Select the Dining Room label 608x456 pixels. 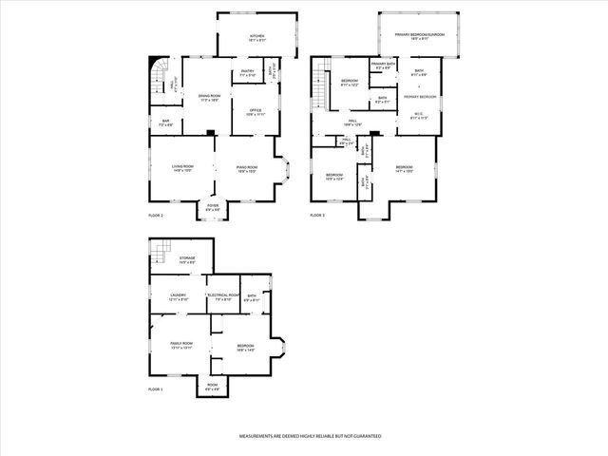208,97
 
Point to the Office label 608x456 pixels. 255,111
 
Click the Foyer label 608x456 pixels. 212,206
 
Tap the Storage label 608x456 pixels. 186,258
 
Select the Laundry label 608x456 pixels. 179,296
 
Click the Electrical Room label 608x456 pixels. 220,296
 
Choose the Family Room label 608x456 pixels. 181,344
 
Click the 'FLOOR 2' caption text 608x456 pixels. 156,217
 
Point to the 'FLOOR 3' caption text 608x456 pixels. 317,217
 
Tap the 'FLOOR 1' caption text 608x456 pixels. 156,389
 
